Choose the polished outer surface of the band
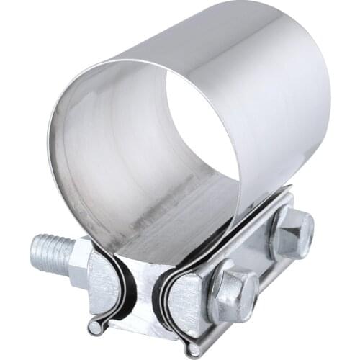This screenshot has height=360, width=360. click(281, 108)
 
